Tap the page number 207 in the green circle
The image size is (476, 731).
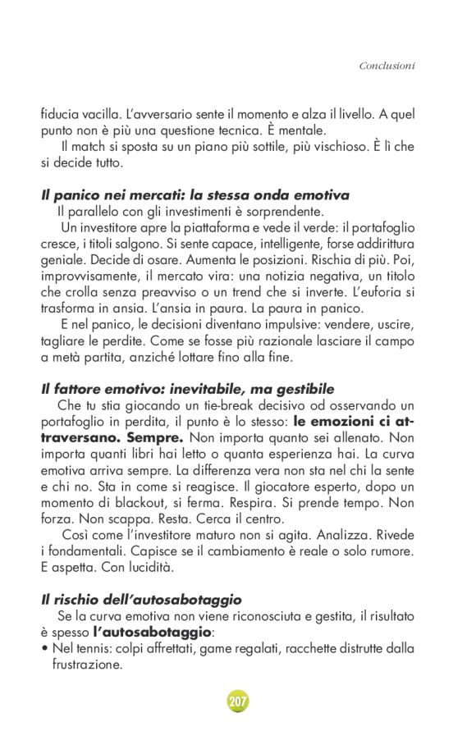pyautogui.click(x=237, y=701)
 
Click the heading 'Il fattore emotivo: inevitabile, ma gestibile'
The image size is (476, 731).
pyautogui.click(x=188, y=389)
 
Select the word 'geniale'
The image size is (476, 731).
pyautogui.click(x=62, y=259)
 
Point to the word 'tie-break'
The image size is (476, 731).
pyautogui.click(x=226, y=405)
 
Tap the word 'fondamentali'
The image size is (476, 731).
pyautogui.click(x=91, y=550)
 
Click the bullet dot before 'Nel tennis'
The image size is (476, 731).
pyautogui.click(x=44, y=648)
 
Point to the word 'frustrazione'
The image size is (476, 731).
pyautogui.click(x=87, y=665)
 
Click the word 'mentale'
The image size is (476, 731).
pyautogui.click(x=300, y=130)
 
